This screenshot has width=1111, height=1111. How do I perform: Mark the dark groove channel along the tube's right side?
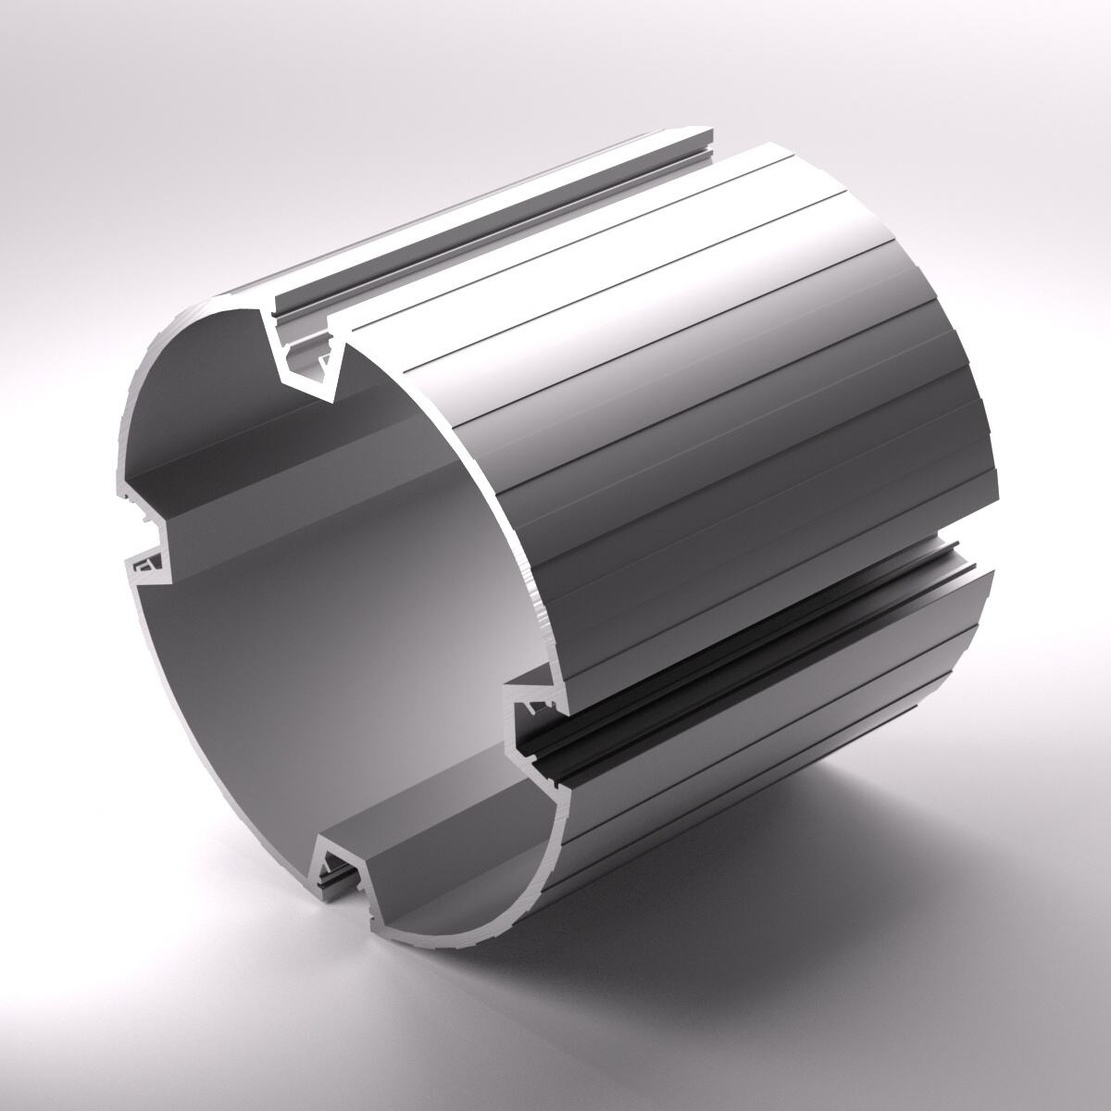point(741,648)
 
